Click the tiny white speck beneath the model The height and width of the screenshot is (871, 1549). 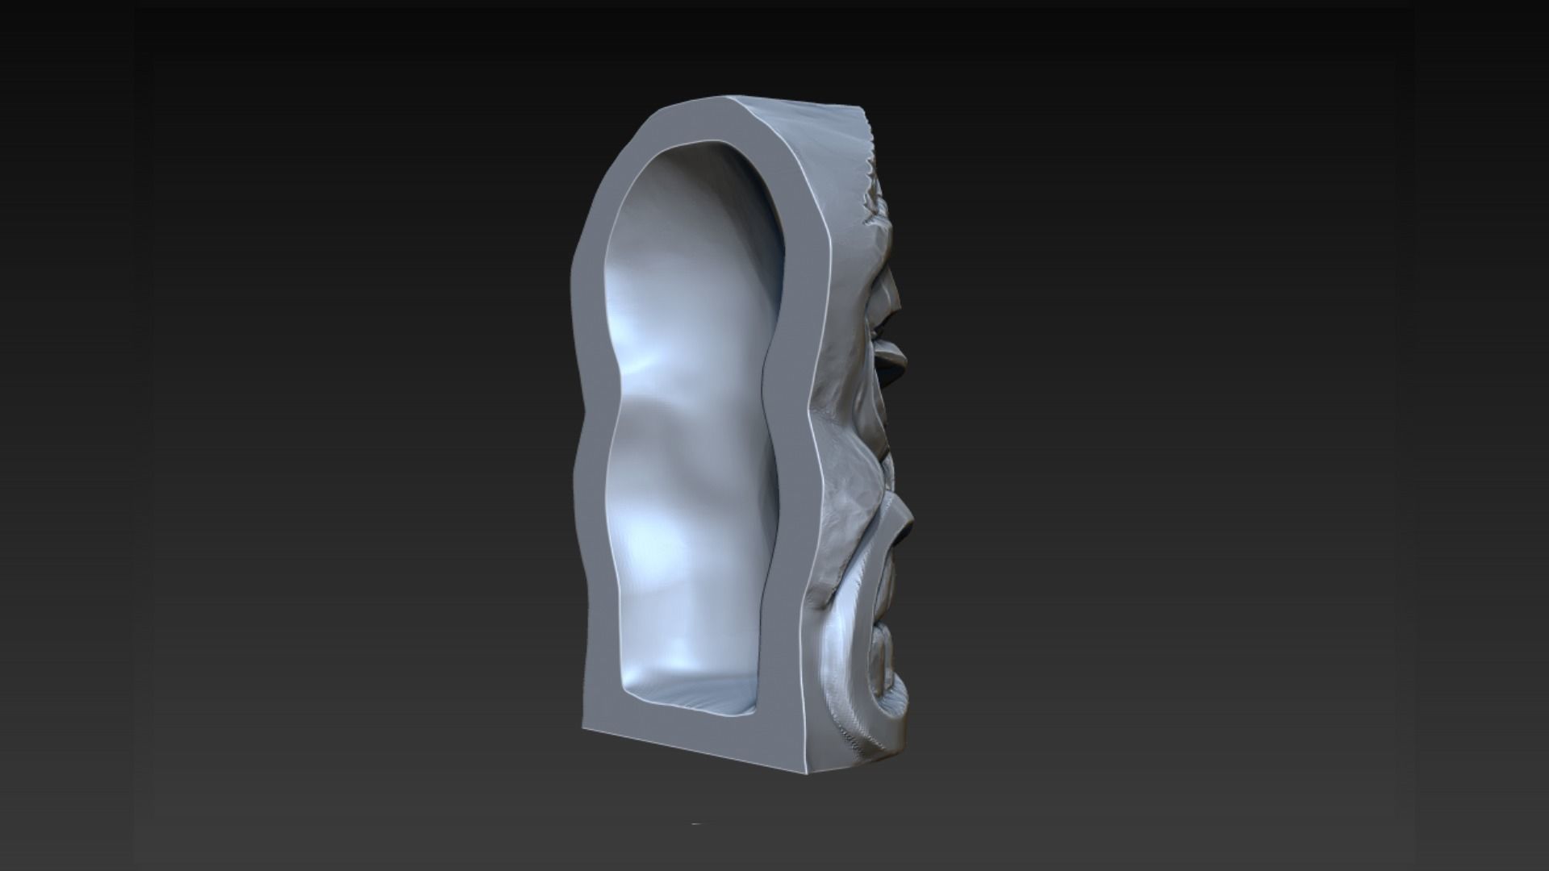[695, 824]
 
